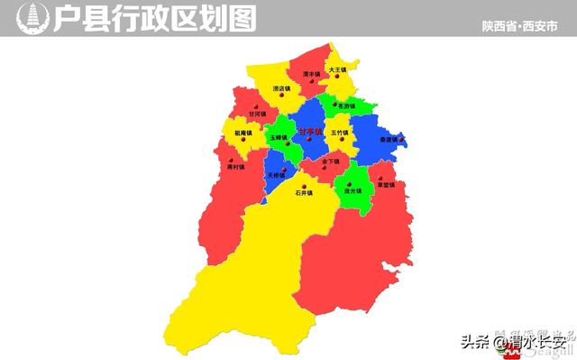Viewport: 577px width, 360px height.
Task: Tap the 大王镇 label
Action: pyautogui.click(x=338, y=69)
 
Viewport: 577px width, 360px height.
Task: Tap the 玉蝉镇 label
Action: pyautogui.click(x=278, y=137)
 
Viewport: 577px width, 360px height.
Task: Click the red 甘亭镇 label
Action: pyautogui.click(x=309, y=132)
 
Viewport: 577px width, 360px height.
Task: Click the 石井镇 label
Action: pyautogui.click(x=303, y=192)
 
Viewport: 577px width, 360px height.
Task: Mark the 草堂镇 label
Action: pyautogui.click(x=388, y=184)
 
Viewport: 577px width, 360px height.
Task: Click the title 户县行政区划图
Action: pyautogui.click(x=154, y=17)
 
